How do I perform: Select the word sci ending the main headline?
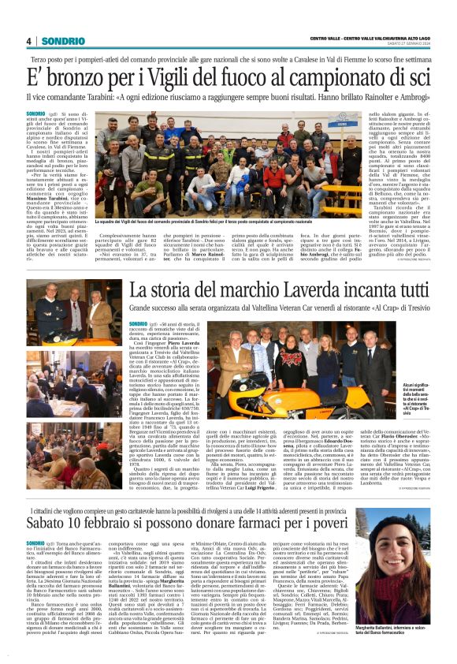pos(415,77)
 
